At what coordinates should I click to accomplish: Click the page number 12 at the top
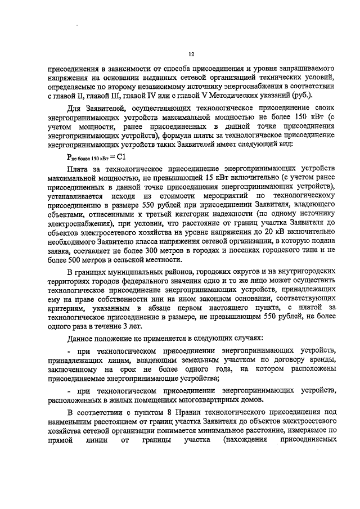191,54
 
